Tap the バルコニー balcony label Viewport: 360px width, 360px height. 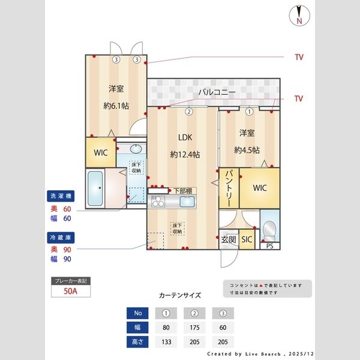point(217,92)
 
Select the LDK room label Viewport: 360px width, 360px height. point(184,137)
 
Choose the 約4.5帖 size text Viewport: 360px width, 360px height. point(247,150)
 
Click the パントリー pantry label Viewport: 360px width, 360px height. point(229,188)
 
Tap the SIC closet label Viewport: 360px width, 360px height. point(247,239)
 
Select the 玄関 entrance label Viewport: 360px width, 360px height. point(229,239)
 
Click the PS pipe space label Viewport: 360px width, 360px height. point(270,246)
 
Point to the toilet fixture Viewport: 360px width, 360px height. point(270,229)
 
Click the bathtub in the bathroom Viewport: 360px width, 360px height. point(95,189)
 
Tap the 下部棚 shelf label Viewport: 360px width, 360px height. point(181,191)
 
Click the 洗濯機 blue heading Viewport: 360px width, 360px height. point(61,196)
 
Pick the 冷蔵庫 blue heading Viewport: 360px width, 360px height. point(61,238)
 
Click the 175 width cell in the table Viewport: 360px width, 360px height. point(194,328)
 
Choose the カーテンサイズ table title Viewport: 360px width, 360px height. point(179,296)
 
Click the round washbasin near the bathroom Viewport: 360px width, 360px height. point(136,149)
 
